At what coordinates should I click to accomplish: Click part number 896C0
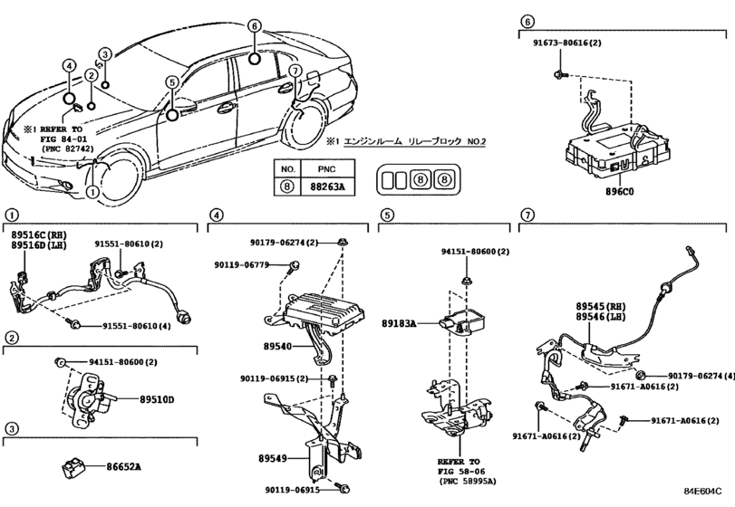coord(620,191)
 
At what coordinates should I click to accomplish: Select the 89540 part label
coord(277,347)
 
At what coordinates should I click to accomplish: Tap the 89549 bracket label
coord(273,459)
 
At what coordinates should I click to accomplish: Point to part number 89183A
coord(399,323)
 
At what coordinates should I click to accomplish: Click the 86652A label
coord(123,467)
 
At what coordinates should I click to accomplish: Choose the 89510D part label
coord(157,400)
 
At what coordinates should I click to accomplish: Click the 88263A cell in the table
coord(327,187)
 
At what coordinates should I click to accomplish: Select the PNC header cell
coord(327,168)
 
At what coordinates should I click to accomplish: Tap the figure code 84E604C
coord(702,491)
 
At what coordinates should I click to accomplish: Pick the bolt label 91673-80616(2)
coord(567,43)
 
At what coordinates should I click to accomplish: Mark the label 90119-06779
coord(242,265)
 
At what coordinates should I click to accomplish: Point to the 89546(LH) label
coord(607,317)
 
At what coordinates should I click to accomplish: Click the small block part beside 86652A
coord(73,468)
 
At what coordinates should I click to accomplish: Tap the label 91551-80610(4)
coord(137,326)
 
